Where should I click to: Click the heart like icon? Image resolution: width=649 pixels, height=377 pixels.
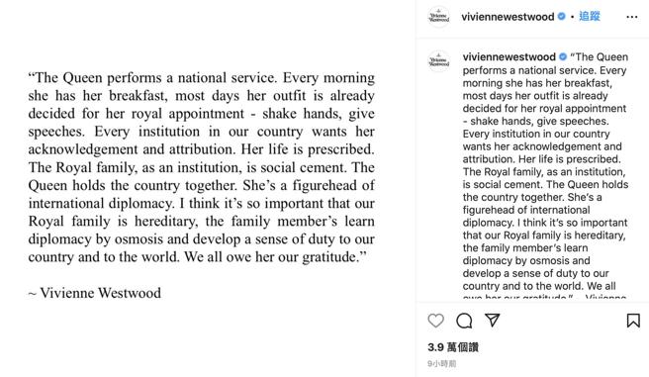[435, 321]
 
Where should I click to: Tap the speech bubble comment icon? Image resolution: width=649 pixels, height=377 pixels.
[463, 321]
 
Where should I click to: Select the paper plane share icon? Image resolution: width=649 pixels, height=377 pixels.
[491, 321]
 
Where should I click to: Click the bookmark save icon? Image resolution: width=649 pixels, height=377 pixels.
[633, 321]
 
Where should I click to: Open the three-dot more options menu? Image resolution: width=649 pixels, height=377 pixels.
[633, 17]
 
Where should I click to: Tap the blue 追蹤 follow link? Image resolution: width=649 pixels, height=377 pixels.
[590, 17]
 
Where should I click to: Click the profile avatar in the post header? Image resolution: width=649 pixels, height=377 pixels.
[438, 17]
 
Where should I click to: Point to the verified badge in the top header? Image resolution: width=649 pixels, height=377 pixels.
[561, 17]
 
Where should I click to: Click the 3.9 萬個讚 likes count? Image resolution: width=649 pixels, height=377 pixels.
[452, 347]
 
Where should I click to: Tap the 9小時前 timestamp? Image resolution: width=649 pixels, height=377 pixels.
[441, 364]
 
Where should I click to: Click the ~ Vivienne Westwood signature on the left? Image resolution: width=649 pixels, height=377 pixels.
[94, 293]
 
